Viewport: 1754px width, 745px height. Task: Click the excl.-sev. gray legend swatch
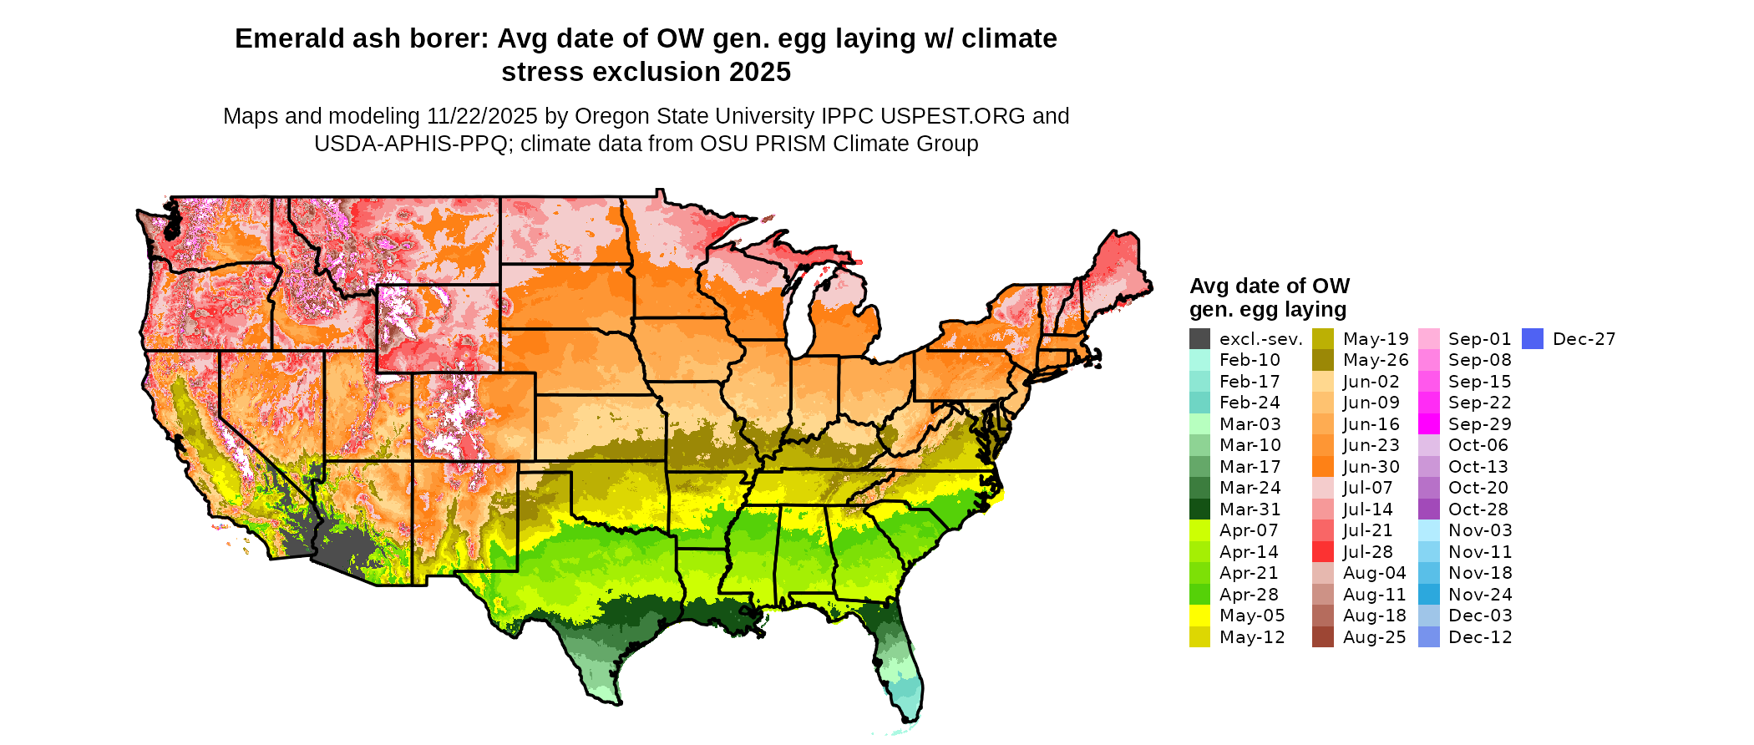(x=1199, y=339)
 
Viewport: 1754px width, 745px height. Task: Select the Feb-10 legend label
(x=1250, y=360)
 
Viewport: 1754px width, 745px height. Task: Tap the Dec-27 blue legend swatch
(x=1532, y=339)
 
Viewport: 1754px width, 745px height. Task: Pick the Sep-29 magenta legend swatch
(x=1428, y=424)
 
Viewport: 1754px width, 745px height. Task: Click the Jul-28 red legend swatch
(x=1322, y=552)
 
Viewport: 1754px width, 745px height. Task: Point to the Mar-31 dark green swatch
(x=1199, y=509)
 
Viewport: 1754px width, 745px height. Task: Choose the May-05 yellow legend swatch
(x=1199, y=616)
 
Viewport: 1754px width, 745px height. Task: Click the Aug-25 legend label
(x=1374, y=637)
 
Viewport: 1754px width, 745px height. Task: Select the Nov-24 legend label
(x=1480, y=595)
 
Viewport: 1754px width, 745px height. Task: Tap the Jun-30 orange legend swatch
(x=1322, y=467)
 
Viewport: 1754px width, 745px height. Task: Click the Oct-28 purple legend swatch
(x=1428, y=509)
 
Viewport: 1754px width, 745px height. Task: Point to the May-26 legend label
(x=1375, y=360)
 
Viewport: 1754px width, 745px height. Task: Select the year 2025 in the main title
(x=759, y=73)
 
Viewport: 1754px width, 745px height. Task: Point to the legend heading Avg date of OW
(x=1269, y=286)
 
